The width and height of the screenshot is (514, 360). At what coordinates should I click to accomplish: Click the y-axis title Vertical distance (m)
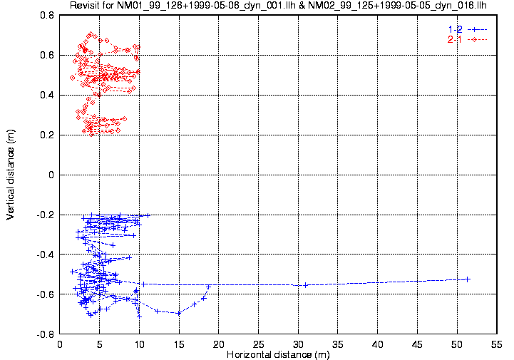coord(10,175)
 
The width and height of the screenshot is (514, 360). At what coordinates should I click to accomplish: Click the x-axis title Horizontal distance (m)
coord(278,354)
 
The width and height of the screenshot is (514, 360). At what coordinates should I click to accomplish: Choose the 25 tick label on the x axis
coord(258,343)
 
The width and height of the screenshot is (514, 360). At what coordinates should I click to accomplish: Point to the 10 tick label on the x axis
coord(139,343)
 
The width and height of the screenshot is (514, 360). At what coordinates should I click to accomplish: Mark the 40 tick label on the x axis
coord(377,343)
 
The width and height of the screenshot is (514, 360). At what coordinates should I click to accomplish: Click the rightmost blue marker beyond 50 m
coord(468,279)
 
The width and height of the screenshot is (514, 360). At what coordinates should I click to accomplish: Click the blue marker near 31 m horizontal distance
coord(306,284)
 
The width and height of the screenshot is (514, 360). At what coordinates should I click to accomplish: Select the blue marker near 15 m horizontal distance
coord(178,312)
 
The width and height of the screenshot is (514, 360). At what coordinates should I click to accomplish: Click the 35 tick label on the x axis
coord(337,343)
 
